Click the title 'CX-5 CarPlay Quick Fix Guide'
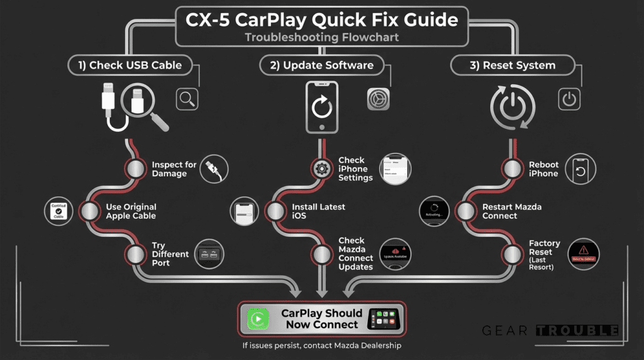(321, 20)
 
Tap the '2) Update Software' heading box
(321, 65)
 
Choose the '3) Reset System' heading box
(513, 65)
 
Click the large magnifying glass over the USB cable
(143, 104)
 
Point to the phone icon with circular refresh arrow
(321, 107)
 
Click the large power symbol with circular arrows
(513, 107)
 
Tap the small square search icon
(187, 99)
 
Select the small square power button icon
(569, 99)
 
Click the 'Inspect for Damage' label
(174, 169)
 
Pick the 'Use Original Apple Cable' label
(131, 211)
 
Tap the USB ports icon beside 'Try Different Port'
(209, 254)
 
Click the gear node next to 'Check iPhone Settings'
(322, 169)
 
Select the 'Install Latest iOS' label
(318, 211)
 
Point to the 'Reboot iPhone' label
(543, 169)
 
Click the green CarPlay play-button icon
(257, 319)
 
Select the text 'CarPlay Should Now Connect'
(321, 319)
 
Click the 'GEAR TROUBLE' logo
(550, 330)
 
